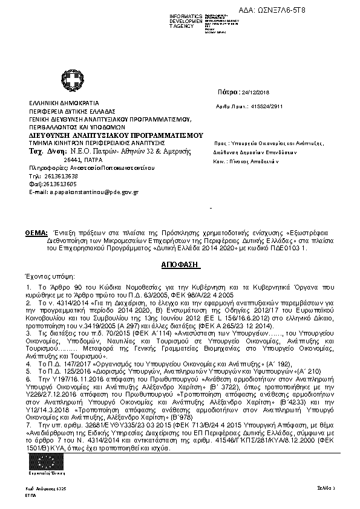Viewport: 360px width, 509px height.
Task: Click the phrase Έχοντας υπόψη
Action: click(44, 275)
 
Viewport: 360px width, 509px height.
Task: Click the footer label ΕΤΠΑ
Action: click(30, 494)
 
